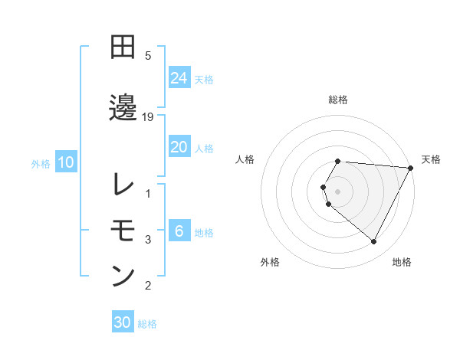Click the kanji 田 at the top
[123, 47]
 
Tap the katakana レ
[123, 185]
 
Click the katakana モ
[123, 229]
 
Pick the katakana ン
[123, 275]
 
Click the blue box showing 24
[179, 78]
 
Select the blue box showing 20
[179, 147]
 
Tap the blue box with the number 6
[179, 231]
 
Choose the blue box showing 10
[66, 162]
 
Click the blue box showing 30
[123, 323]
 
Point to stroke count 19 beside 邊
[149, 116]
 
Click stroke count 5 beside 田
[148, 56]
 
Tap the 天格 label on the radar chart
[431, 159]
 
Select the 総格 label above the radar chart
[338, 100]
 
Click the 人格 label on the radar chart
[245, 159]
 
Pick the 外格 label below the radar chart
[269, 262]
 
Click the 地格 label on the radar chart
[402, 262]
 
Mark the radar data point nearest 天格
[411, 168]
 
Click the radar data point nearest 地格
[374, 242]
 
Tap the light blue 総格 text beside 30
[147, 324]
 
